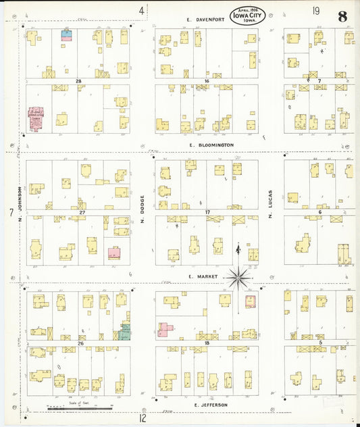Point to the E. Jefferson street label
[x=210, y=405]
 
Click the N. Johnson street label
[x=21, y=203]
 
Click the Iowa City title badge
[x=247, y=15]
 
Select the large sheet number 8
[x=343, y=16]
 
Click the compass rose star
[x=238, y=276]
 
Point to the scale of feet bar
[x=79, y=407]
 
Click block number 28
[x=78, y=81]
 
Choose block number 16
[x=207, y=81]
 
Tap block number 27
[x=81, y=213]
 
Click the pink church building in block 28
[x=36, y=118]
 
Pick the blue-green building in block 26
[x=125, y=331]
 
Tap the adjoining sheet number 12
[x=143, y=418]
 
